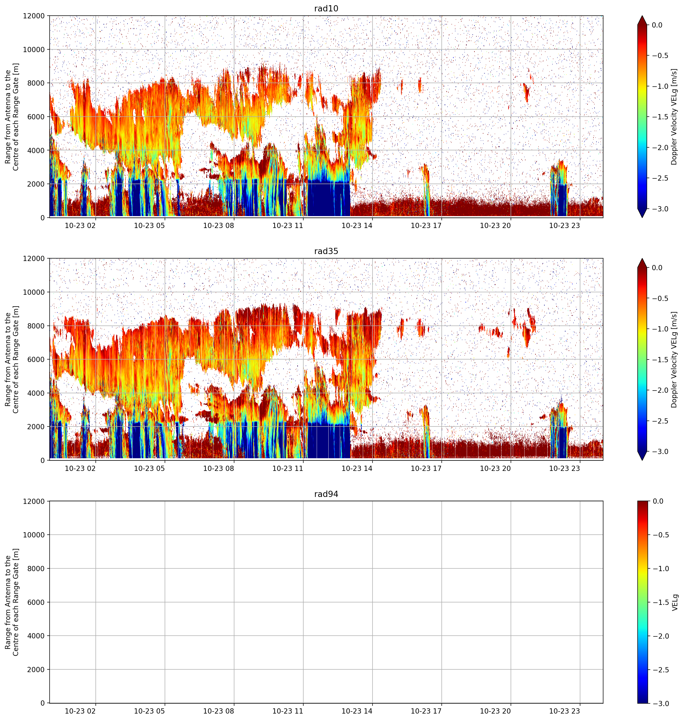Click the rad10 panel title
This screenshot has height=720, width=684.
tap(326, 8)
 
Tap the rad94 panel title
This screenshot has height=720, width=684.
tap(326, 494)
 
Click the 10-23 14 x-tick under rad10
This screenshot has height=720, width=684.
tap(357, 226)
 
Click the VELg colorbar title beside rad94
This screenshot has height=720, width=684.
tap(675, 602)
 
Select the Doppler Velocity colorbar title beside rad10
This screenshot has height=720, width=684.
tap(674, 117)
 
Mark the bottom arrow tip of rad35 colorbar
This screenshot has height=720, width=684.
tap(642, 460)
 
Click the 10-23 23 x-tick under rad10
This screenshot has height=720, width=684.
tap(564, 226)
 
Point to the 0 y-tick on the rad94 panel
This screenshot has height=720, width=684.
tap(43, 703)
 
